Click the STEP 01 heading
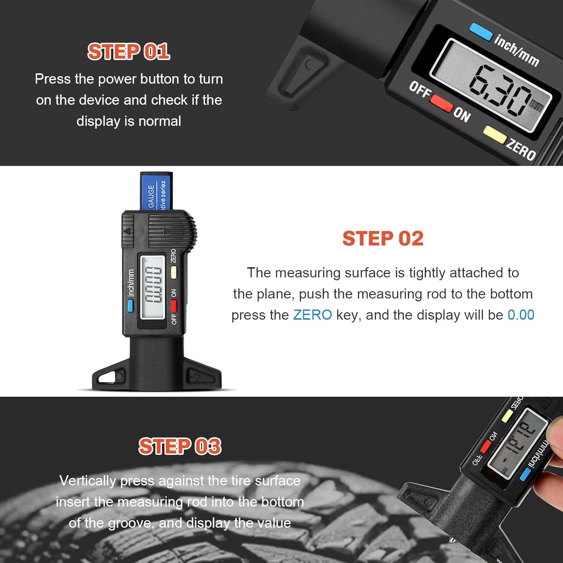129,51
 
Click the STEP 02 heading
383,239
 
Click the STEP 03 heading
180,446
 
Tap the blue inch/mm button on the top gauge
481,32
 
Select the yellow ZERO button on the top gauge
494,134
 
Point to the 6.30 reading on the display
499,90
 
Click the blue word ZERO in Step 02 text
312,315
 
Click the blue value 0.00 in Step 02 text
521,315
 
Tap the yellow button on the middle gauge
174,272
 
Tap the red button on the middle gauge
174,306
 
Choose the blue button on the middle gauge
130,306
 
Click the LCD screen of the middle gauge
153,287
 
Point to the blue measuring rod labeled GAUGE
156,191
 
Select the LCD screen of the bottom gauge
518,443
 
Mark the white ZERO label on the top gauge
521,149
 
